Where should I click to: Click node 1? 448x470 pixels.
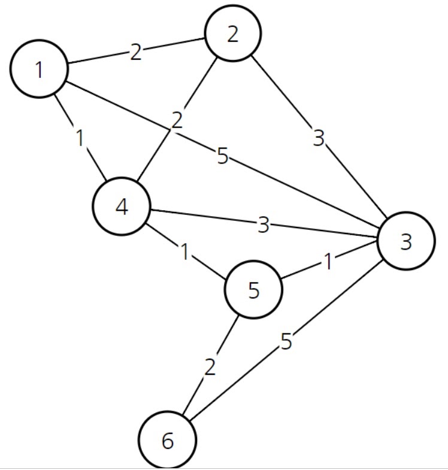coord(39,69)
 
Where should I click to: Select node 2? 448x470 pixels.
coord(232,34)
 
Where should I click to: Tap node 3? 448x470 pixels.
coord(406,241)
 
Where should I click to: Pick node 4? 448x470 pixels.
coord(121,207)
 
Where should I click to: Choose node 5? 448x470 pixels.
coord(253,290)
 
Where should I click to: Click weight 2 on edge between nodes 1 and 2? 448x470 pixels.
coord(136,53)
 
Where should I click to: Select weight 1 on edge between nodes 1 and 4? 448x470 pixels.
coord(80,138)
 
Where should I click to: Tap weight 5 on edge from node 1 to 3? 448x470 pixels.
coord(223,157)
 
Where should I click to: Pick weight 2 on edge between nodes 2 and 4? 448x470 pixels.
coord(176,120)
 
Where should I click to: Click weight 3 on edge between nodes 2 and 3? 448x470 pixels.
coord(319,138)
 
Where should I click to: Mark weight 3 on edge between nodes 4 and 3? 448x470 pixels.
coord(264,225)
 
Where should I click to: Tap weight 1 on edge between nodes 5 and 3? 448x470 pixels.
coord(328,262)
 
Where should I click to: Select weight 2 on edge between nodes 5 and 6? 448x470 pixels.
coord(209,366)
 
